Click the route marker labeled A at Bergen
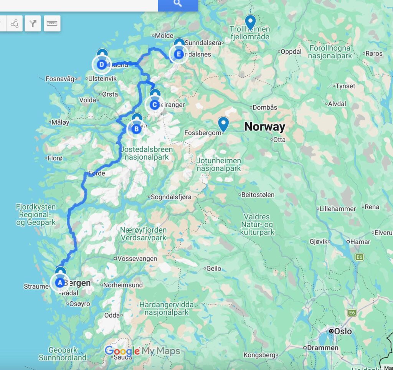click(59, 283)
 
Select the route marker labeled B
click(136, 130)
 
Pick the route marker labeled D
click(101, 64)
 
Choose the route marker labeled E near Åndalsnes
click(178, 55)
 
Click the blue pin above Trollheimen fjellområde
click(250, 22)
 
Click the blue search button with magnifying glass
click(178, 4)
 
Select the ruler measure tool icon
click(52, 24)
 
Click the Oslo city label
click(342, 331)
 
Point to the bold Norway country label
click(264, 127)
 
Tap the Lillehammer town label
click(337, 208)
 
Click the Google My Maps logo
click(142, 351)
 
